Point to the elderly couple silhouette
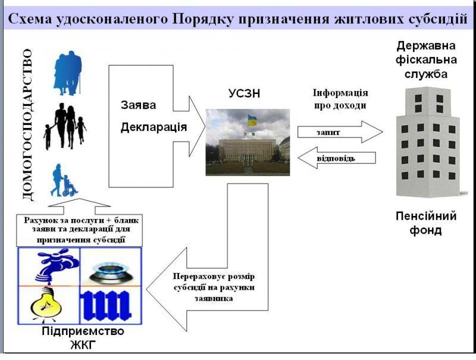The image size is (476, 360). pyautogui.click(x=67, y=73)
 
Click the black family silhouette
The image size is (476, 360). pyautogui.click(x=65, y=126)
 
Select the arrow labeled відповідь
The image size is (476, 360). pyautogui.click(x=336, y=158)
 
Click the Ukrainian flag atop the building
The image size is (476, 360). pyautogui.click(x=252, y=120)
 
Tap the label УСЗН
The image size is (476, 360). pyautogui.click(x=245, y=93)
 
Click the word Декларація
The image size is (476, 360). pyautogui.click(x=154, y=127)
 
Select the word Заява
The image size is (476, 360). pyautogui.click(x=139, y=105)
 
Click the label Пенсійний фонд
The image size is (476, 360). pyautogui.click(x=426, y=223)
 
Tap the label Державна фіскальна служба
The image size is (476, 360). pyautogui.click(x=427, y=60)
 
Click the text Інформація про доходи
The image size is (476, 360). pyautogui.click(x=340, y=99)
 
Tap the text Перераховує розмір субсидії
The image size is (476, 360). pyautogui.click(x=213, y=282)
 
